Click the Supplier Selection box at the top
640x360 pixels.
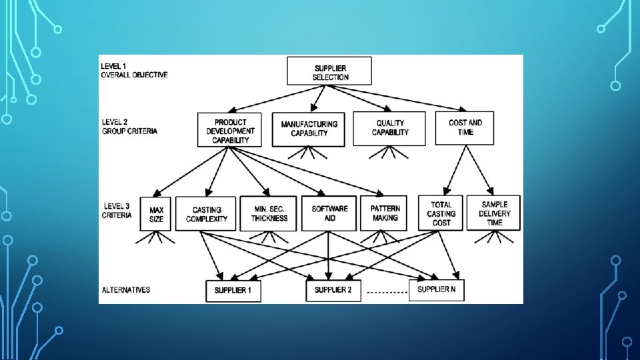tap(330, 71)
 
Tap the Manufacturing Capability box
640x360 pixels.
tap(309, 128)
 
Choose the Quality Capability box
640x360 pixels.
tap(390, 128)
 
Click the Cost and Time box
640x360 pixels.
tap(465, 127)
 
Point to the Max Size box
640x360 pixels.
tap(156, 214)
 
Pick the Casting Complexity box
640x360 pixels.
tap(207, 214)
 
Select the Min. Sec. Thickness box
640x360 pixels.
tap(269, 213)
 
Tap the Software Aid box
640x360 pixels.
tap(329, 213)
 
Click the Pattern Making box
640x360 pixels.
tap(385, 213)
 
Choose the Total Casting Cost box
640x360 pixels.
tap(441, 213)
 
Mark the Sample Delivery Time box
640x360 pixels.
tap(494, 213)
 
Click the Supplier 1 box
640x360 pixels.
tap(233, 291)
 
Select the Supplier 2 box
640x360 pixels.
tap(333, 290)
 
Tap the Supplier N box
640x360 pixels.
tap(436, 289)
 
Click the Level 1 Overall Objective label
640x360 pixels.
tap(134, 71)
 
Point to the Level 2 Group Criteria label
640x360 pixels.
tap(129, 127)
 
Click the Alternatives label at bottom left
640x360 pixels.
tap(125, 290)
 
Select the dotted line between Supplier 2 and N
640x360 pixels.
tap(387, 293)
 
